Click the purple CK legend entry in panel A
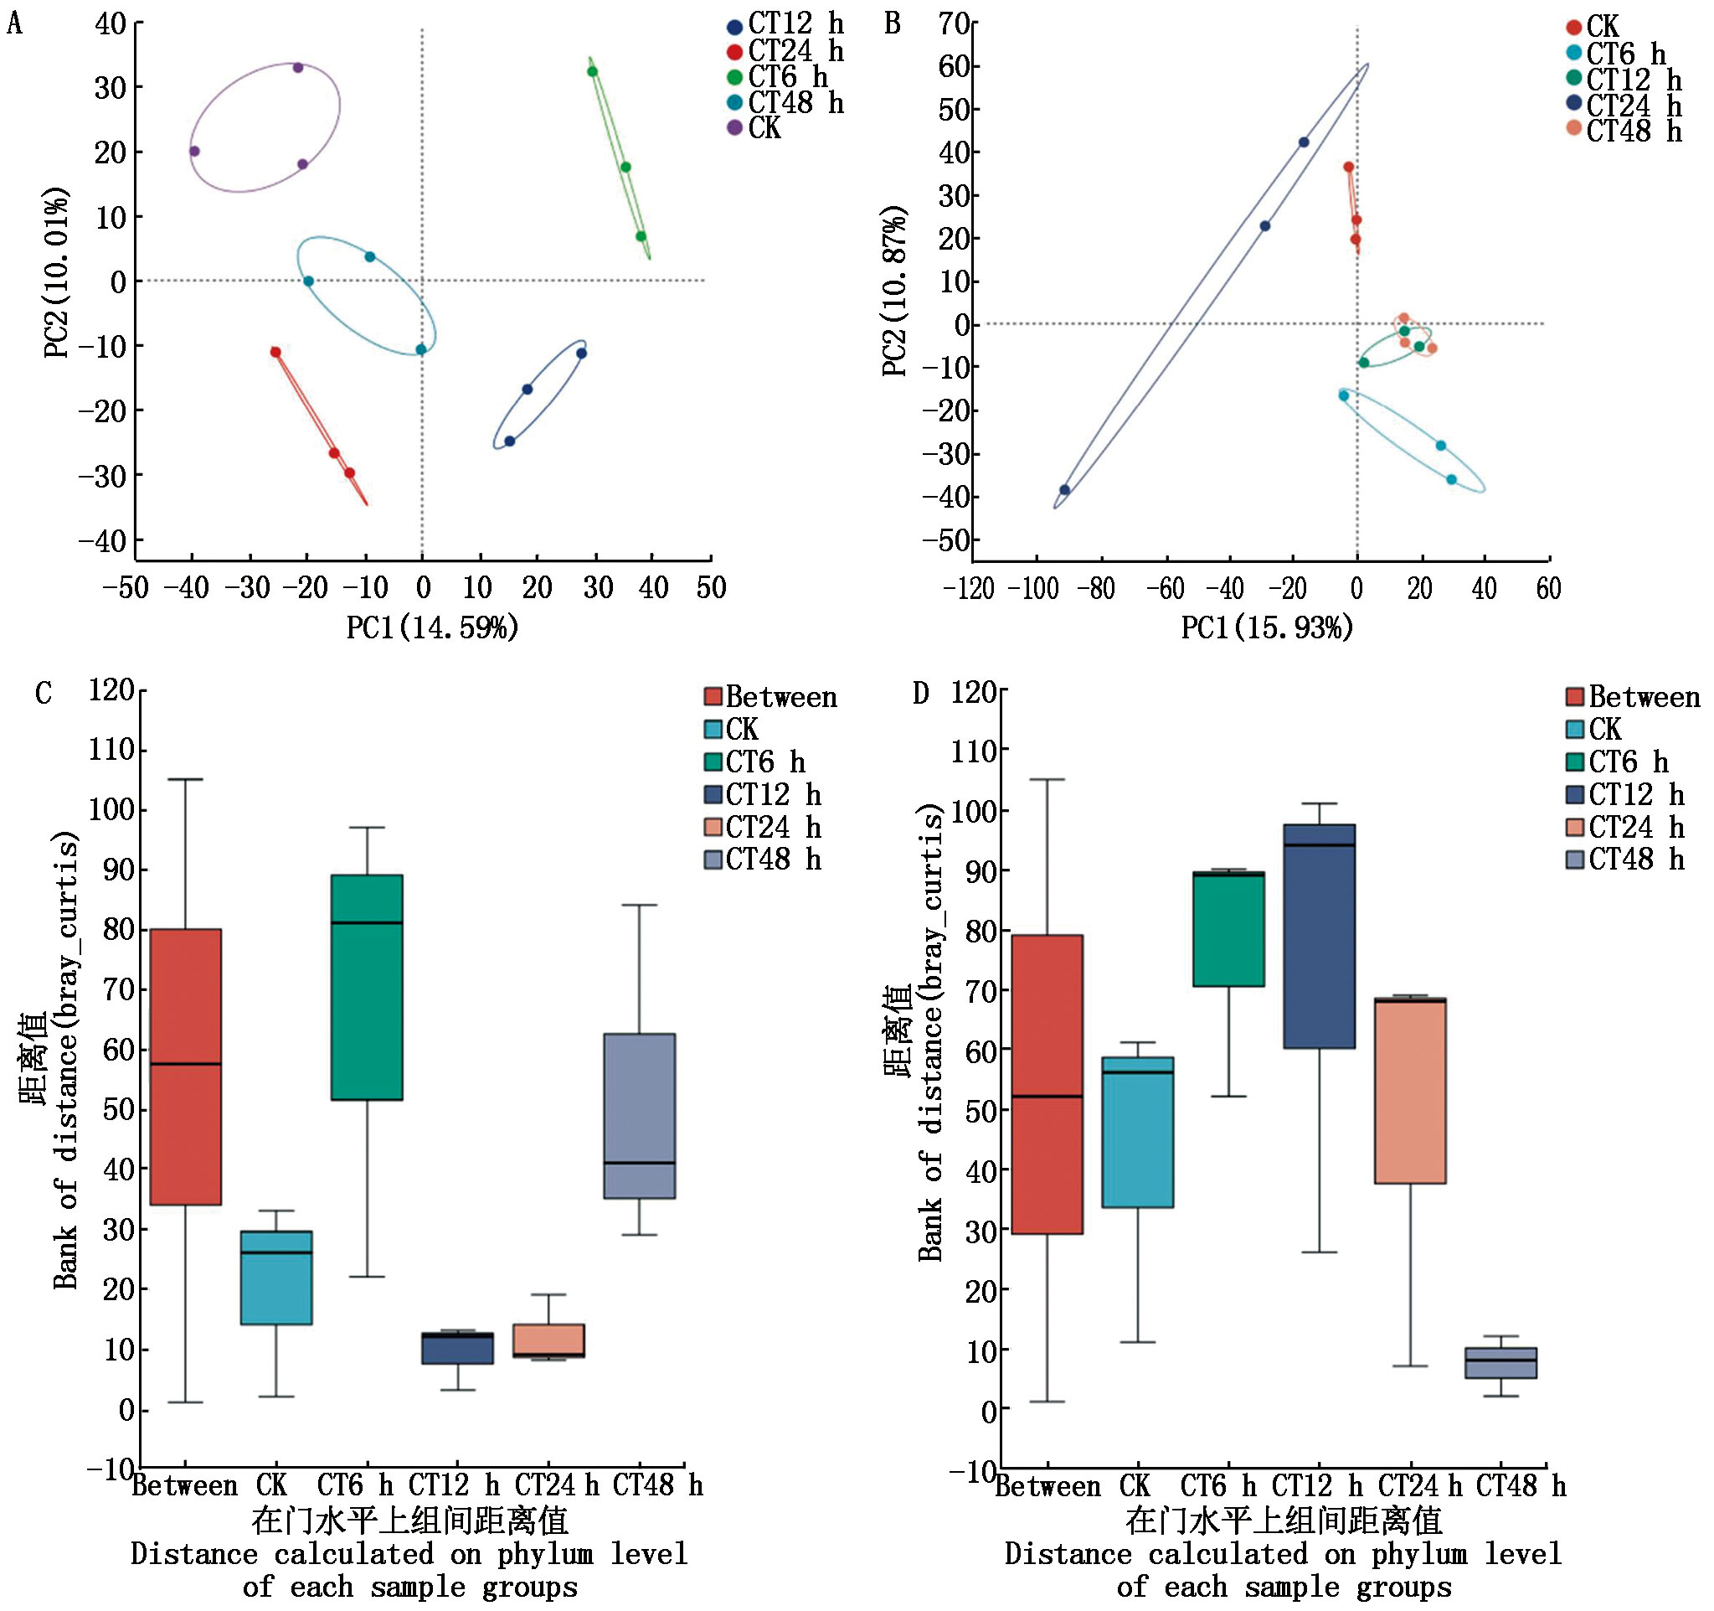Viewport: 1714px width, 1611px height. (x=754, y=128)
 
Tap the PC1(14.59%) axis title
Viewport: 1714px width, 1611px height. (x=432, y=627)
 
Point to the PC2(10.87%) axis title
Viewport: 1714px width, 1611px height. (x=895, y=291)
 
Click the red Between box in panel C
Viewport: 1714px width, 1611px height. (x=185, y=1066)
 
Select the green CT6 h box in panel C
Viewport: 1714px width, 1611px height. (x=368, y=987)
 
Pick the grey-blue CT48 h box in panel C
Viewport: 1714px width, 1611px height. (x=639, y=1115)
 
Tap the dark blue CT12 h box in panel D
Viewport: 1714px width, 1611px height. (x=1319, y=936)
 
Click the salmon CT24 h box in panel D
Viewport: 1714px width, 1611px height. (x=1410, y=1091)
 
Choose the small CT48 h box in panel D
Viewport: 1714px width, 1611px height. (x=1501, y=1363)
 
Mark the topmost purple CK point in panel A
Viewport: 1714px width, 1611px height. (x=297, y=67)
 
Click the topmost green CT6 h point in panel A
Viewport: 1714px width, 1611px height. (x=592, y=71)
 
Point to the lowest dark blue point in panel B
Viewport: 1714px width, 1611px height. (x=1065, y=490)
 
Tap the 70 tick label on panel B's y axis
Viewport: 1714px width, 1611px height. (x=955, y=23)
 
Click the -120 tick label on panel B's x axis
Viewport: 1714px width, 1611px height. (x=968, y=589)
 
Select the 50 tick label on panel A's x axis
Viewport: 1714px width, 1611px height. (x=711, y=588)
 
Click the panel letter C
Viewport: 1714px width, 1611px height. (x=43, y=694)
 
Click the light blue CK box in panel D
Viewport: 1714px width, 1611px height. (x=1137, y=1132)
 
